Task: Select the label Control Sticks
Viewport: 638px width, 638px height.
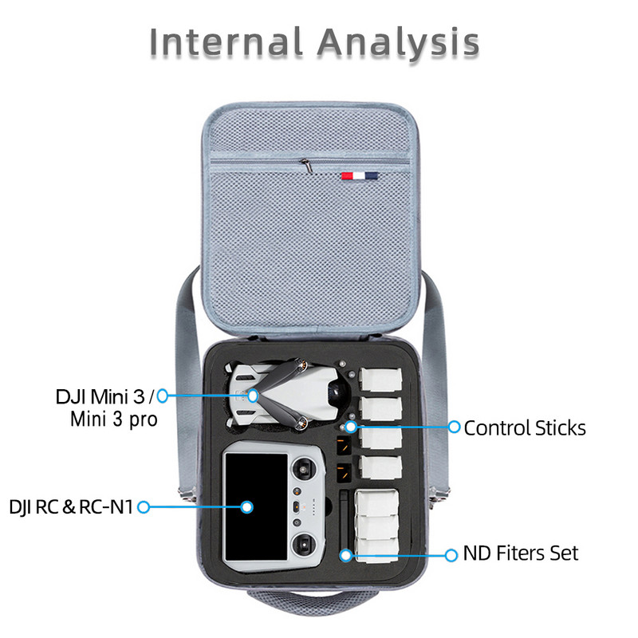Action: coord(525,428)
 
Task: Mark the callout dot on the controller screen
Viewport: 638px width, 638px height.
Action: coord(247,506)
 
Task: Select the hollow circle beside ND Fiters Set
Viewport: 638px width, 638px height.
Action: coord(451,553)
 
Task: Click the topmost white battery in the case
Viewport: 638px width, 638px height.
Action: coord(380,380)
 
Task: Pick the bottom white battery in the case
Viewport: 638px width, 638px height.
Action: coord(380,548)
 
